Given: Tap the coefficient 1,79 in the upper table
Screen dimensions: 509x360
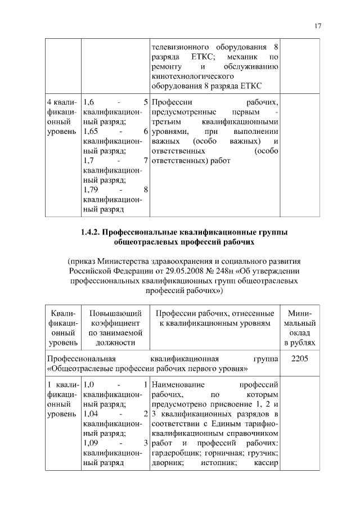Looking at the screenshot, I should [90, 189].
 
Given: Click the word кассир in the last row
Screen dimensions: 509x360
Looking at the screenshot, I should [267, 462].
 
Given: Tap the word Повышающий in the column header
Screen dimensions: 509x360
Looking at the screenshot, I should [111, 313].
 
